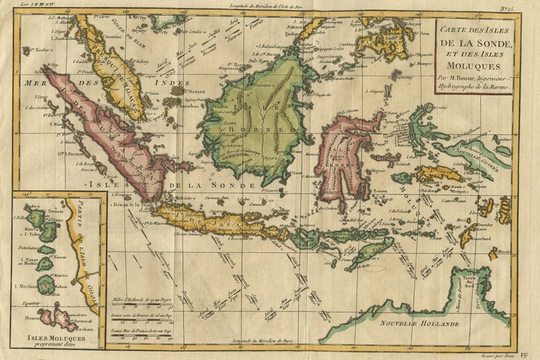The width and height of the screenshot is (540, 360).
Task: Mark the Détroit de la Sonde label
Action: tap(134, 204)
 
